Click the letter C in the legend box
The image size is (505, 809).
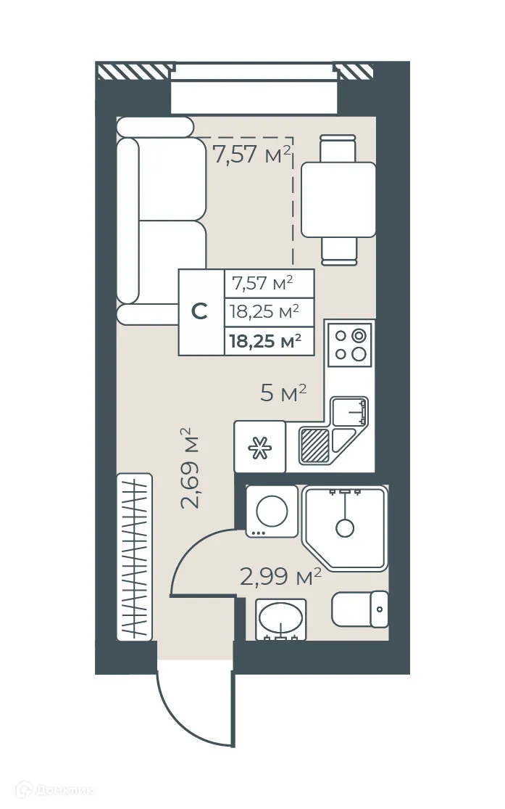click(201, 312)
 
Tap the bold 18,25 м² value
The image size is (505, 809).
click(265, 341)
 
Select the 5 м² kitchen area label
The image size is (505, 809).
click(283, 394)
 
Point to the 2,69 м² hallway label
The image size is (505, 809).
click(189, 470)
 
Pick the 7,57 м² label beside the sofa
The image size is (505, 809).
click(251, 155)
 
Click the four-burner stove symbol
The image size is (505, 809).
click(350, 345)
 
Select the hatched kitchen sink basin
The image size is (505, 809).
click(315, 444)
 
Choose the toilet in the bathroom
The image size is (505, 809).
click(360, 609)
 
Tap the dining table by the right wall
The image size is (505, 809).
click(338, 200)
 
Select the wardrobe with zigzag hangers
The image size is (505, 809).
click(135, 557)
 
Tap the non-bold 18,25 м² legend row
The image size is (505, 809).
click(265, 312)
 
